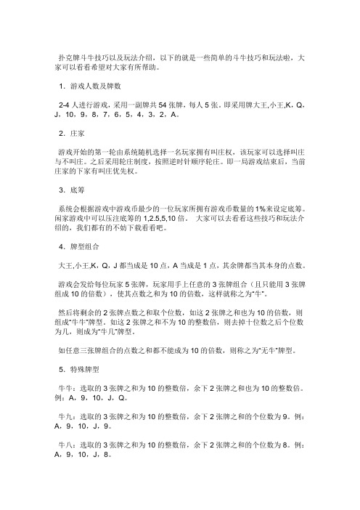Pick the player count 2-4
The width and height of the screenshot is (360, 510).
click(x=65, y=103)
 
